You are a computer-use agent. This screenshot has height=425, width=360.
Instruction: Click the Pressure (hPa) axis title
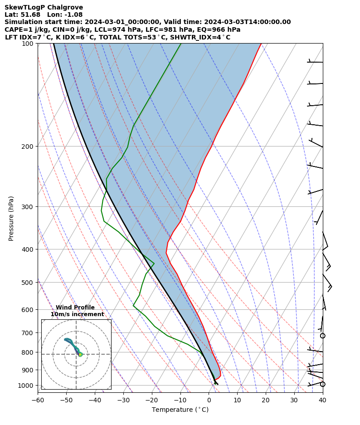11,218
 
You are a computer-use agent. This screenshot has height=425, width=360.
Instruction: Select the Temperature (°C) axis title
180,410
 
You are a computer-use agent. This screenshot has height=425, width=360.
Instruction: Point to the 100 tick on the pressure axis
28,44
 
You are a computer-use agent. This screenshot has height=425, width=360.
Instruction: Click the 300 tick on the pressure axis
28,207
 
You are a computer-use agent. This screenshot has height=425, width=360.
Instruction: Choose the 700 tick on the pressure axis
28,333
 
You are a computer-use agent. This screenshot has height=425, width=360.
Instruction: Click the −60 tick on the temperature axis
38,400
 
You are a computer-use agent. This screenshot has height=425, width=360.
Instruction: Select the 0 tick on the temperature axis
209,400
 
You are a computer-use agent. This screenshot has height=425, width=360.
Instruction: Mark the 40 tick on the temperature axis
322,400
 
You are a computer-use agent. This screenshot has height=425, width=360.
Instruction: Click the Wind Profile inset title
75,308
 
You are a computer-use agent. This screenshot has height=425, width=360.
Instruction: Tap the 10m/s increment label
77,314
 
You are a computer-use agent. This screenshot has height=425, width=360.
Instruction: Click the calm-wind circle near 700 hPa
322,336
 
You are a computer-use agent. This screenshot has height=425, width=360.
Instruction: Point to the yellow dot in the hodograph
80,354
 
